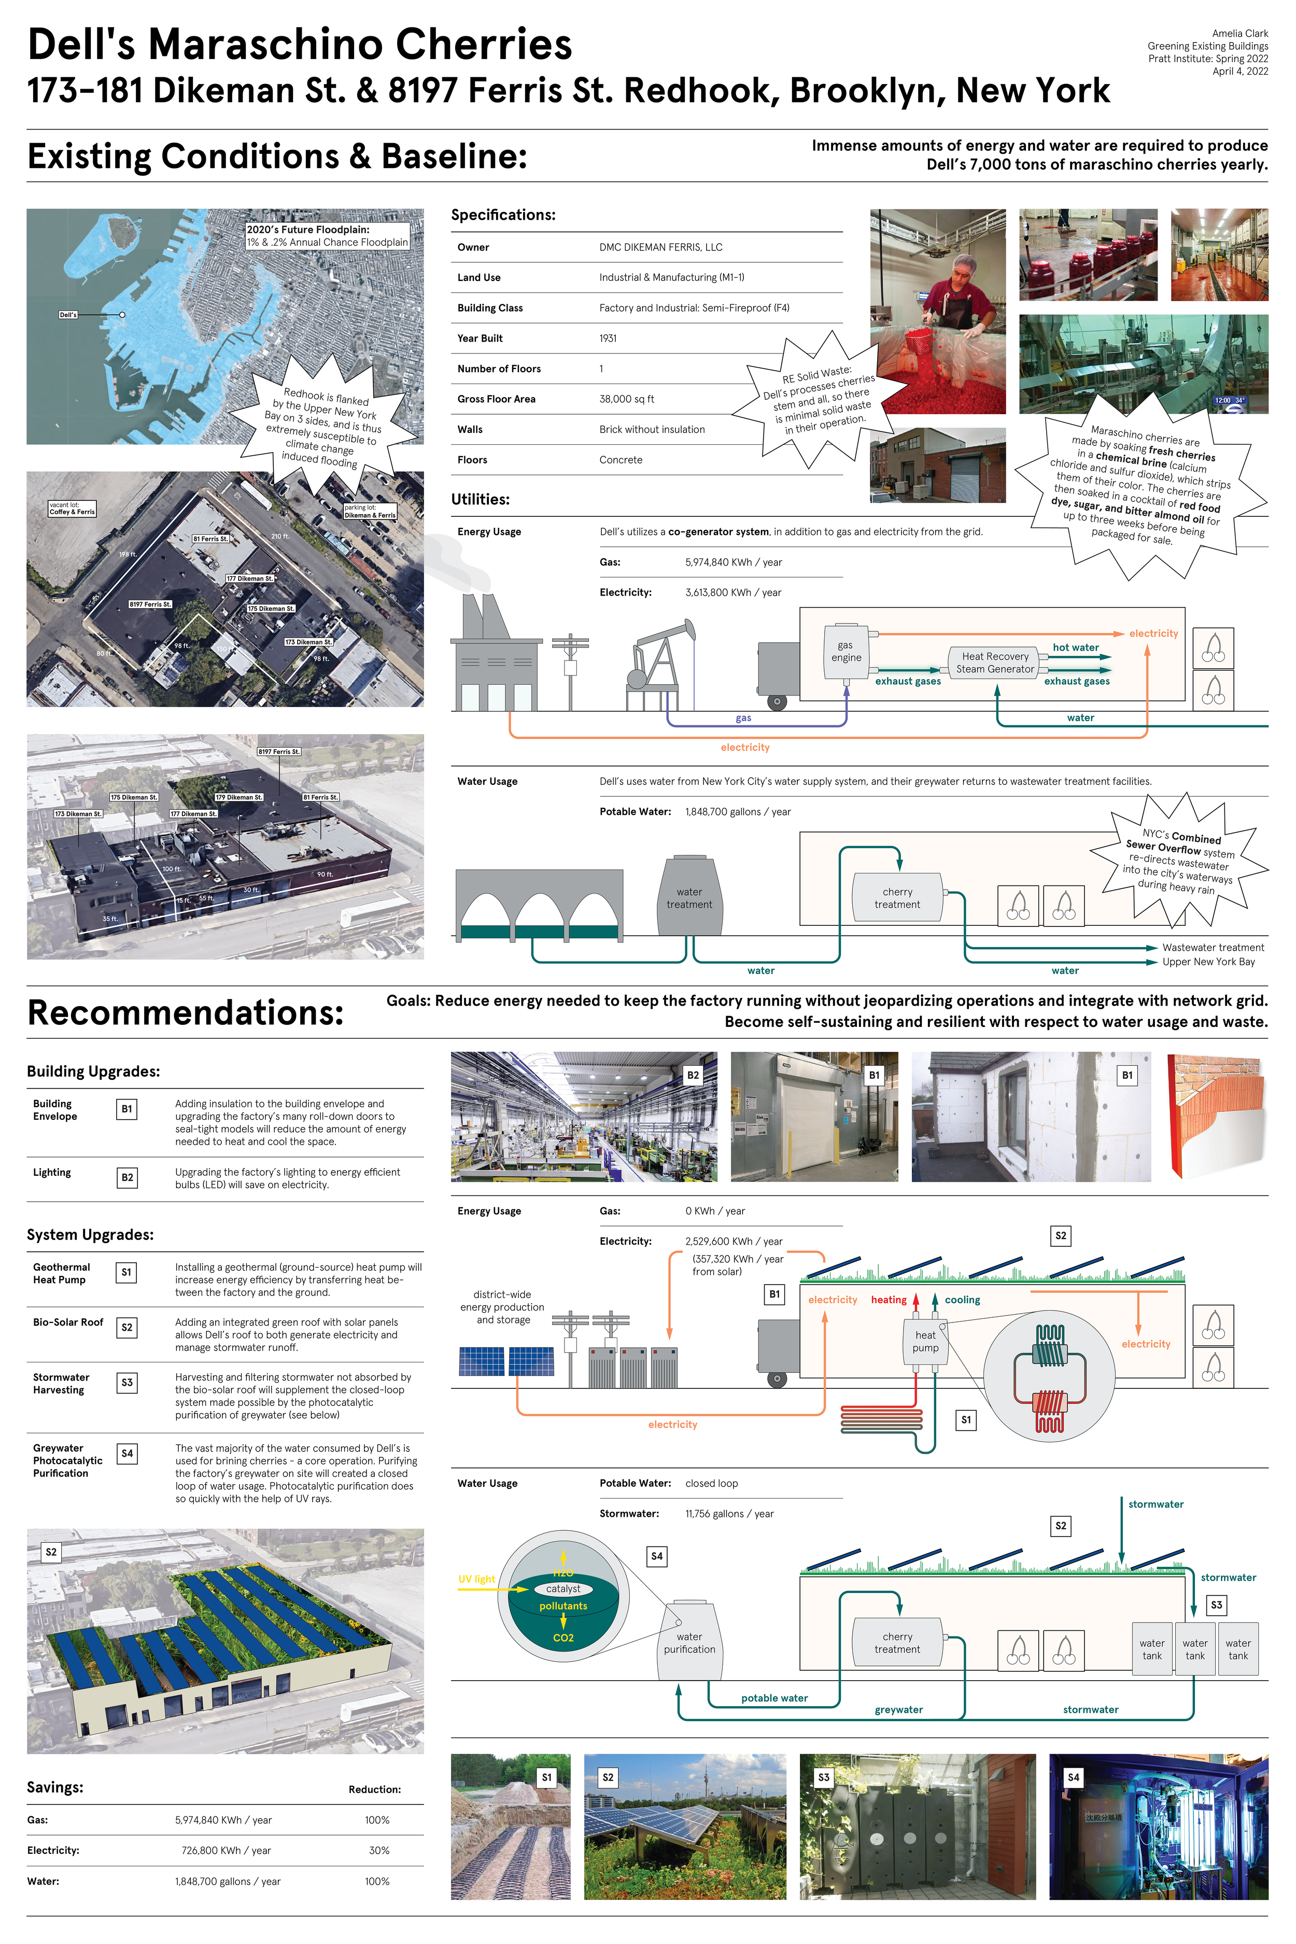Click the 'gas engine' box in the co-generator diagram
coord(846,652)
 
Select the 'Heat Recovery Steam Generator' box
coord(995,663)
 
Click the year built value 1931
coord(608,338)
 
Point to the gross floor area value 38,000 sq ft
coord(627,399)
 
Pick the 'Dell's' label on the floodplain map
coord(68,315)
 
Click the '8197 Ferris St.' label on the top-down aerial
coord(150,604)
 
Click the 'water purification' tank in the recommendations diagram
coord(689,1642)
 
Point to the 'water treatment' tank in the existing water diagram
coord(689,898)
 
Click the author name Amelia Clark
coord(1240,34)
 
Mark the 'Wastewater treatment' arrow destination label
coord(1213,948)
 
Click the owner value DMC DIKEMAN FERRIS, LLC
coord(660,247)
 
